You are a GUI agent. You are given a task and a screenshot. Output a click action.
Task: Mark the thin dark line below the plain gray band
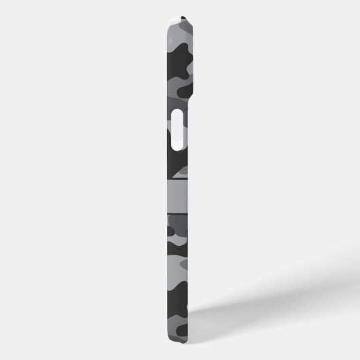[178, 212]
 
